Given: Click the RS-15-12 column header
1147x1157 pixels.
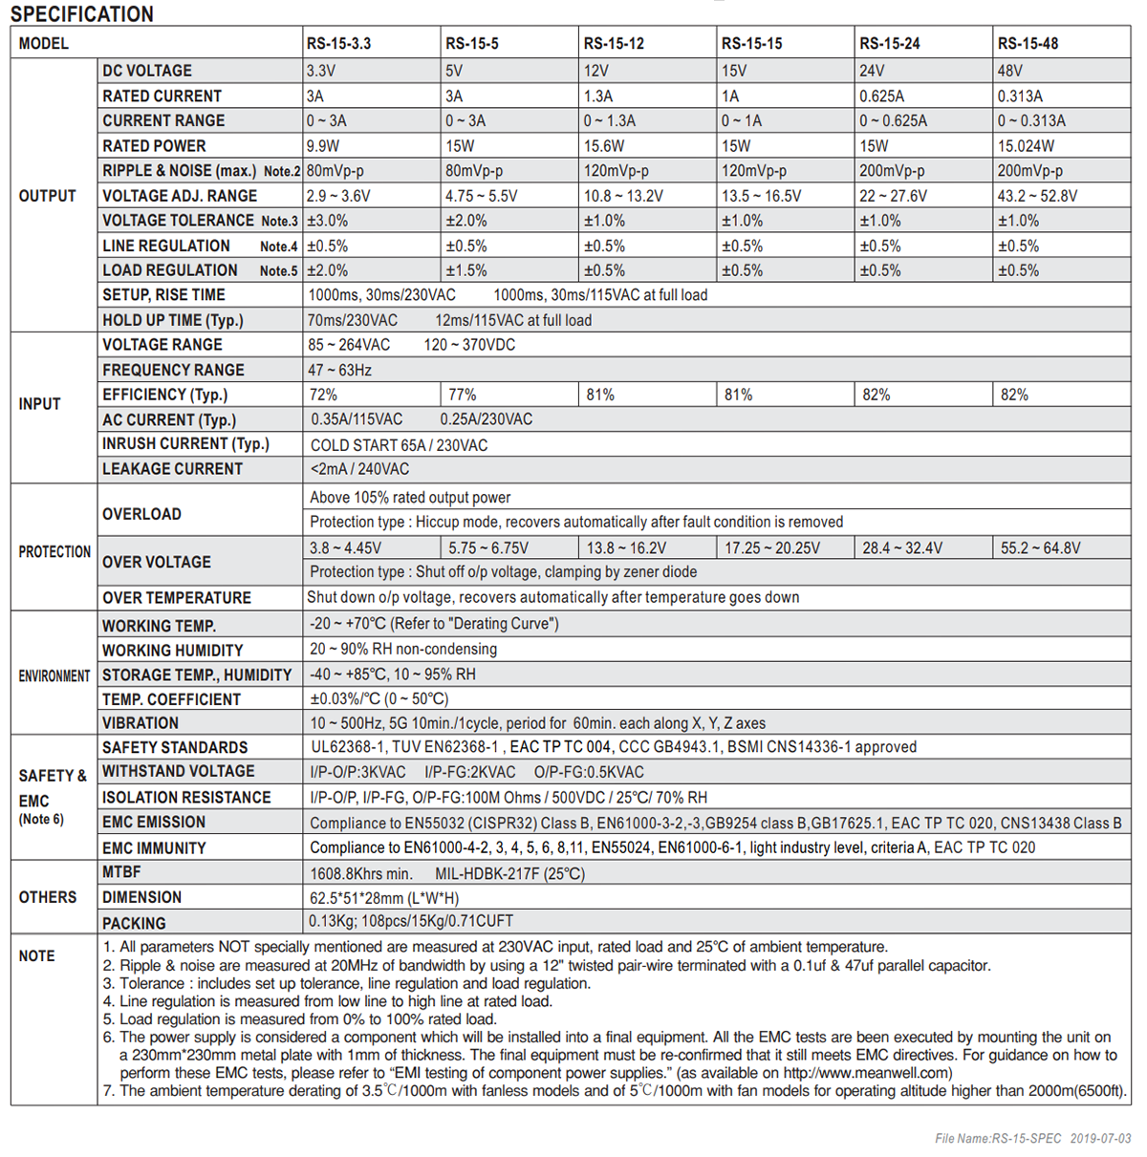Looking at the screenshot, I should [x=614, y=43].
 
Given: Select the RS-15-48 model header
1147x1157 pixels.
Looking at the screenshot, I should [x=1028, y=43].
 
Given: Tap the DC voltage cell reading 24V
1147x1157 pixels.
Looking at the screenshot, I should [x=872, y=71].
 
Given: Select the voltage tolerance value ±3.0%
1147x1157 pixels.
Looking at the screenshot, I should [x=327, y=221].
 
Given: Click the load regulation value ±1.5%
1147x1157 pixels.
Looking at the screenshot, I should [x=465, y=270].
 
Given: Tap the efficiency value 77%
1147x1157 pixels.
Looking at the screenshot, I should [x=463, y=395].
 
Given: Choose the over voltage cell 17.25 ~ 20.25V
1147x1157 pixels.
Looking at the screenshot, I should [x=771, y=547].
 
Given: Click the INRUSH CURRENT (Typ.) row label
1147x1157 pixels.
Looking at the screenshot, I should [x=185, y=443].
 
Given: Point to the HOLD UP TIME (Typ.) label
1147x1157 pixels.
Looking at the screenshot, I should [x=173, y=320].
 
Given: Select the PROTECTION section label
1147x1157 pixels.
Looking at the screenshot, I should [x=54, y=551].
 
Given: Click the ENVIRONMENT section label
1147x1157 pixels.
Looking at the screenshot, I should [x=54, y=675].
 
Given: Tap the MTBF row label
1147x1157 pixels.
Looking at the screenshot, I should [x=121, y=872].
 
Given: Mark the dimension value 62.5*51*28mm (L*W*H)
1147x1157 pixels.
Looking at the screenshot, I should [x=384, y=898].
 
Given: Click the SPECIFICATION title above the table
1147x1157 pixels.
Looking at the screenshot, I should [x=82, y=14].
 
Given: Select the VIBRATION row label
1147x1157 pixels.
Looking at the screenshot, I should [x=141, y=723].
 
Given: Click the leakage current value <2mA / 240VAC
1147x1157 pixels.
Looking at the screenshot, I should [x=359, y=469].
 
